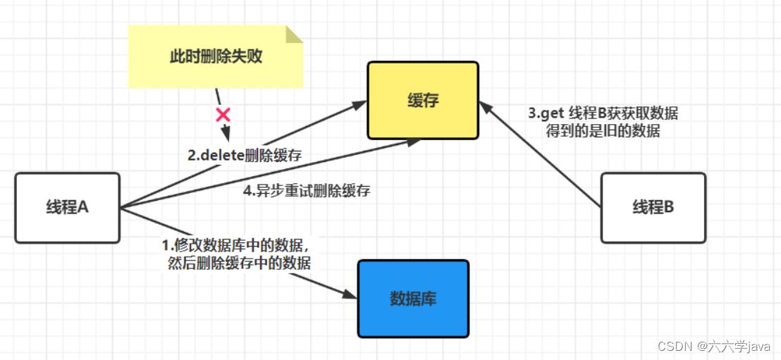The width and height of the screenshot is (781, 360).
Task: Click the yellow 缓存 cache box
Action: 423,100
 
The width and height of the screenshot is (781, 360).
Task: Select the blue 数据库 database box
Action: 413,298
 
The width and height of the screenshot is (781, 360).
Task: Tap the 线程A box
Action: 67,208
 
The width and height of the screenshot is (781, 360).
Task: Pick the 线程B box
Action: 653,208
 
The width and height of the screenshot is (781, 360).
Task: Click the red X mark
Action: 223,114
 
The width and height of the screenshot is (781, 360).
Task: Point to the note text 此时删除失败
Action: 216,57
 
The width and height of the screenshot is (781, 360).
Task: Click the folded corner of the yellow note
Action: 293,34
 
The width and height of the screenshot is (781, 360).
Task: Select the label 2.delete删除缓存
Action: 245,156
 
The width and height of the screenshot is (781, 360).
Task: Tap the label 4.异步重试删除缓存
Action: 307,190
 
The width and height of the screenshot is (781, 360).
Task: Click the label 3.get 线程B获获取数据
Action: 603,113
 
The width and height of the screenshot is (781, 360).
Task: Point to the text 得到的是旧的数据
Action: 603,130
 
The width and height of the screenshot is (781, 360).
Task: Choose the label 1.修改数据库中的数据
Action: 236,245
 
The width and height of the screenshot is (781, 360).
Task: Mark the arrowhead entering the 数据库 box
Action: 350,294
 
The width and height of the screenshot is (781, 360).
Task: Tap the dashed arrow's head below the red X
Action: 226,135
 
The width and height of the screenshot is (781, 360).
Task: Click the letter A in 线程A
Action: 82,208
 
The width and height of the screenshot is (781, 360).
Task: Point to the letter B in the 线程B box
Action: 668,208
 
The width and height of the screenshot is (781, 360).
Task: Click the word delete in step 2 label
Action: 222,156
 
